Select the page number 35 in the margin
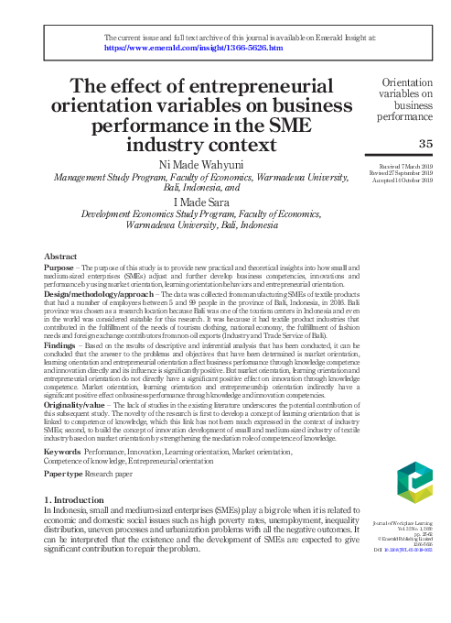pyautogui.click(x=424, y=144)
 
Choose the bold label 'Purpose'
pyautogui.click(x=59, y=267)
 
